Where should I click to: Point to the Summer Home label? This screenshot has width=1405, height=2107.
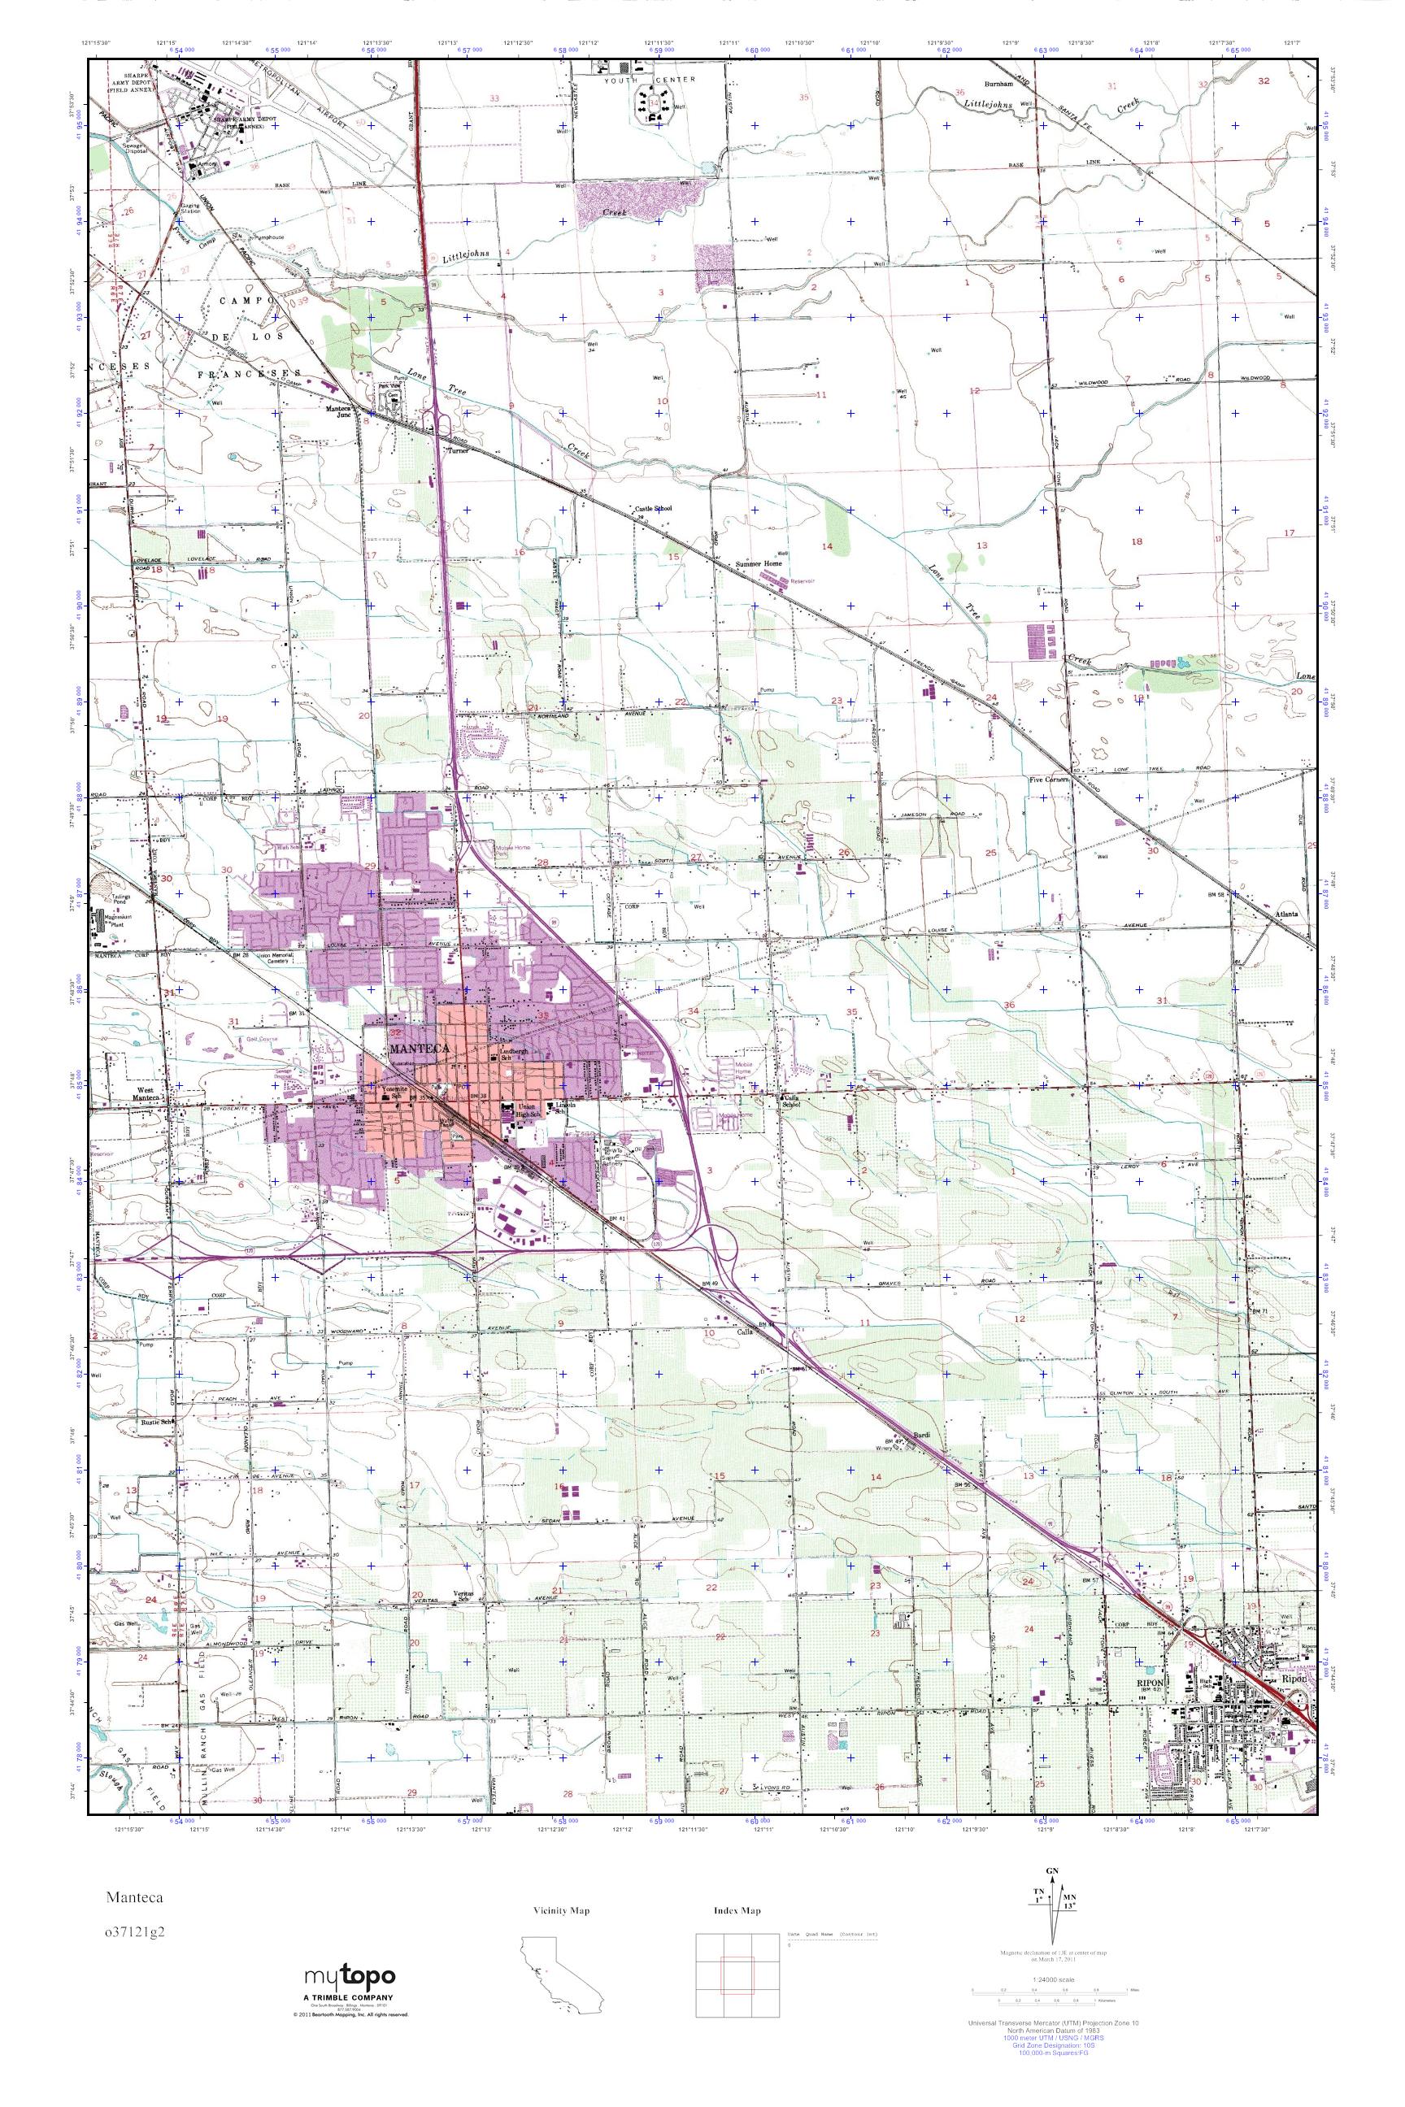(x=759, y=563)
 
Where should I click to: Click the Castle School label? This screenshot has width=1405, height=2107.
(x=653, y=508)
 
